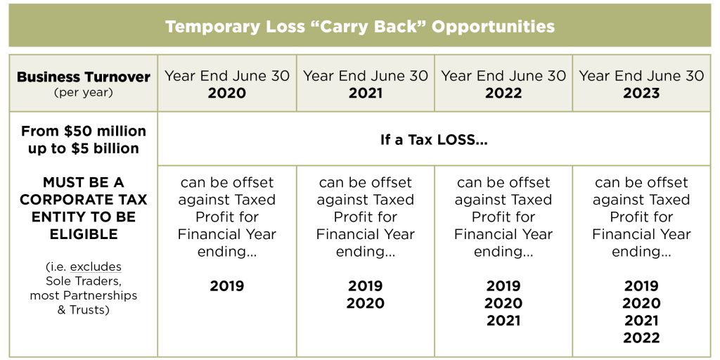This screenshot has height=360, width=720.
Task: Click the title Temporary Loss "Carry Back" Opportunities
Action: [x=360, y=27]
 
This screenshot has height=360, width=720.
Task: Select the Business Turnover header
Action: [x=84, y=77]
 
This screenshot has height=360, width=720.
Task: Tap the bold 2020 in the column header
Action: [x=227, y=94]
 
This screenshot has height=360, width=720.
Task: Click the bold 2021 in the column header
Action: [x=366, y=94]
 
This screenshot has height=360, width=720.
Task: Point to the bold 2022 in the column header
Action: [x=503, y=94]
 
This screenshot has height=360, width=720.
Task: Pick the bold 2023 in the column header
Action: [x=641, y=94]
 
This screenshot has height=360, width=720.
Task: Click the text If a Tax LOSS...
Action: [x=434, y=139]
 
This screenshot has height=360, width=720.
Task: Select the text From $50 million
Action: [x=84, y=131]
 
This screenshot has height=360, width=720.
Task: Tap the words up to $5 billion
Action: [x=84, y=148]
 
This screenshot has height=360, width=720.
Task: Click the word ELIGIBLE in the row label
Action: [x=84, y=234]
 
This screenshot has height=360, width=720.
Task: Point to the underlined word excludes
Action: [x=96, y=266]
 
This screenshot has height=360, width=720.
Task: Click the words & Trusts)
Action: [x=84, y=309]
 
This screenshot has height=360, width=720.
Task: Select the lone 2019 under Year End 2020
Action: [x=227, y=286]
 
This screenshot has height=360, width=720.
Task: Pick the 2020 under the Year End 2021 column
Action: [x=366, y=303]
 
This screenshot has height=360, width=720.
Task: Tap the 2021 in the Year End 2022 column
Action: [x=503, y=321]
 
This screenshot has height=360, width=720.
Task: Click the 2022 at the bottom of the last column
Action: [x=641, y=338]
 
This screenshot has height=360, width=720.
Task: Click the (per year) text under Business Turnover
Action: [x=84, y=92]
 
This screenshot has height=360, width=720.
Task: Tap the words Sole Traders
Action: [x=84, y=281]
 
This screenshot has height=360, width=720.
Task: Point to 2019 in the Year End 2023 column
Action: [x=641, y=286]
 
